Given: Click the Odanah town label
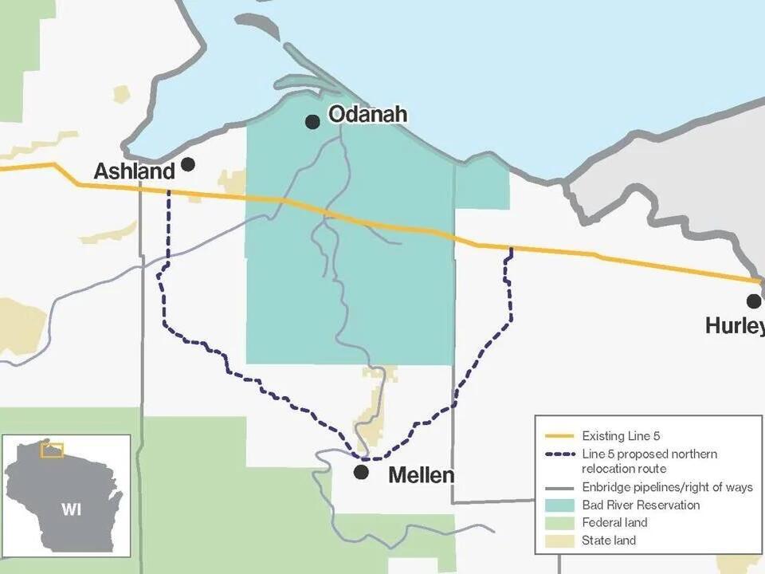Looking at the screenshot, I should click(367, 115).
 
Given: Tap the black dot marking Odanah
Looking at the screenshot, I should click(312, 121).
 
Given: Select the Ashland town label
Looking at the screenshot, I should click(134, 171).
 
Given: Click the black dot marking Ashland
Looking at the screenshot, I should click(188, 163).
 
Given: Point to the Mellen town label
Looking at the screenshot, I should click(421, 476).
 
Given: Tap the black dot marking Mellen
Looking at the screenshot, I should click(361, 472).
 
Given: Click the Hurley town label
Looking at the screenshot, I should click(734, 326).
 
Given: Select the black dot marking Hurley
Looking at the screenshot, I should click(753, 301).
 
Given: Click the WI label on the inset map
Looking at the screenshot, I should click(72, 509).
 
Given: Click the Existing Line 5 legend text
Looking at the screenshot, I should click(621, 436).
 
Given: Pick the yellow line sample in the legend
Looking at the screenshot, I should click(559, 436).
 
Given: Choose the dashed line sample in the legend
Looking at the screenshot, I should click(559, 454).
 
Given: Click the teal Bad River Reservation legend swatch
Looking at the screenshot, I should click(559, 505).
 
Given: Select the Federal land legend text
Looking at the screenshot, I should click(614, 523).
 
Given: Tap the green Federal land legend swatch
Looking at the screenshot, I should click(559, 523).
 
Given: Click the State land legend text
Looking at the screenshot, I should click(609, 541).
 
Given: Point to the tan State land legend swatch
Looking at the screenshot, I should click(559, 541).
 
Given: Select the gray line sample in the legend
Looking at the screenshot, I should click(559, 487).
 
